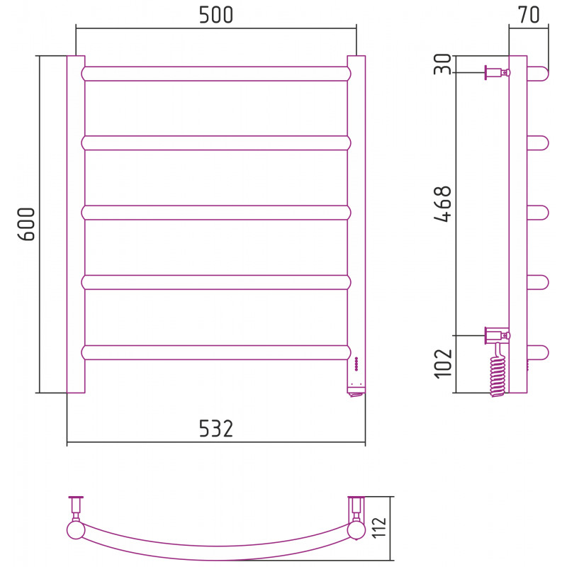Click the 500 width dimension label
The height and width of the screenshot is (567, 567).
coord(216,15)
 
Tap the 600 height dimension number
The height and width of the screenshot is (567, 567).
coord(26,224)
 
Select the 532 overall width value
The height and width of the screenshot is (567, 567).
coord(216,429)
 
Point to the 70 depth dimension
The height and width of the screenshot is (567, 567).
coord(529,15)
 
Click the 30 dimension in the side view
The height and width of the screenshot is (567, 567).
coord(442,64)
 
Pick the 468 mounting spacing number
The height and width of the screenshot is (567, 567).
coord(442,204)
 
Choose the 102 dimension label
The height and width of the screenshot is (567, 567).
coord(442,364)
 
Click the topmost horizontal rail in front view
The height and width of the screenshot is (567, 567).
coord(216,74)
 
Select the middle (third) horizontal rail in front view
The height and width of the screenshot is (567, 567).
coord(216,213)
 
